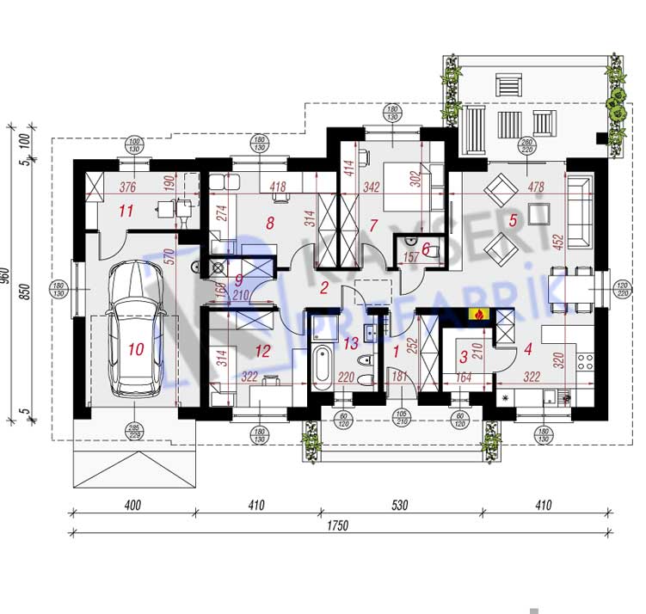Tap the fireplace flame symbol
(x=476, y=315)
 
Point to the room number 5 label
(x=513, y=220)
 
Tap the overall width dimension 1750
(x=336, y=526)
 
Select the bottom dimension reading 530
(x=397, y=506)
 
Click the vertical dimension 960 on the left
(x=7, y=276)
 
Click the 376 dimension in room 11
(x=127, y=187)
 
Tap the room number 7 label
(x=373, y=226)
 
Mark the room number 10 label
(x=135, y=349)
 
